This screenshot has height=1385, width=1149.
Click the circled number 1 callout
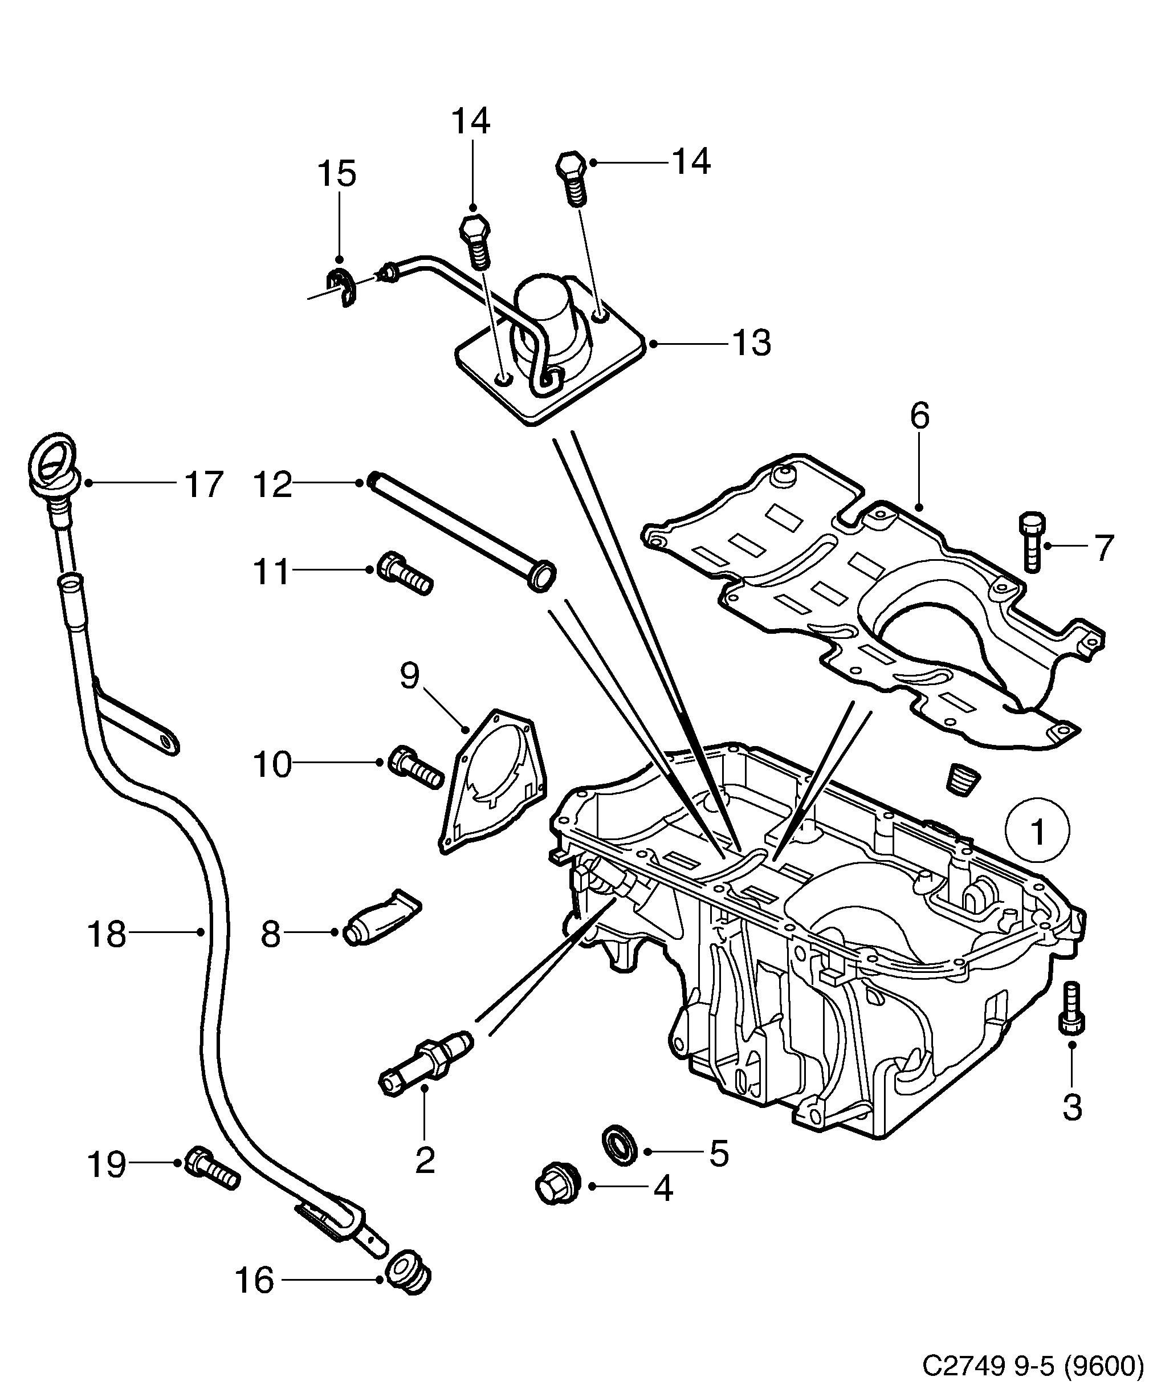(x=1037, y=832)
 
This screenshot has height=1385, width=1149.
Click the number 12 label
(x=272, y=484)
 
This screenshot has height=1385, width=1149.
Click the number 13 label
(x=751, y=344)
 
